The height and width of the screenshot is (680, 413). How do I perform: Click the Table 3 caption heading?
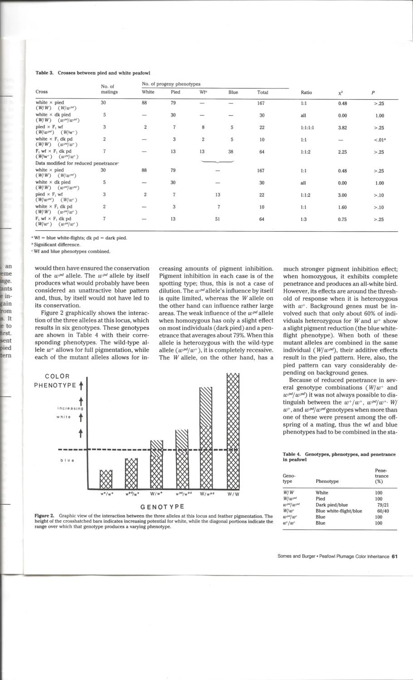coord(92,73)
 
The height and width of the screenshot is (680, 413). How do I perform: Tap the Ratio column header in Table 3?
coord(306,92)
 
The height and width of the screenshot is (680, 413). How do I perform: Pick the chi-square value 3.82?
coord(342,127)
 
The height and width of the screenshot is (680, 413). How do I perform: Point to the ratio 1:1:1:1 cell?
coord(307,127)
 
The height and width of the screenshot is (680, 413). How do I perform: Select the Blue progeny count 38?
coord(233,152)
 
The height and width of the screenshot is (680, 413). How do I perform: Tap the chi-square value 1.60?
coord(342,207)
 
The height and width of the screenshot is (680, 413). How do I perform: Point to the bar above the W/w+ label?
coord(157,467)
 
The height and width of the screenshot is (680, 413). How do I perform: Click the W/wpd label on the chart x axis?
coord(207,494)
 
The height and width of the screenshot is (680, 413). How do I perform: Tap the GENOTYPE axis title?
coord(162,507)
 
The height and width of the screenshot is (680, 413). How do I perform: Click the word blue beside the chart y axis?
coord(67,461)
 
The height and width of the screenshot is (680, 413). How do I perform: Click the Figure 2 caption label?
coord(44,516)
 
